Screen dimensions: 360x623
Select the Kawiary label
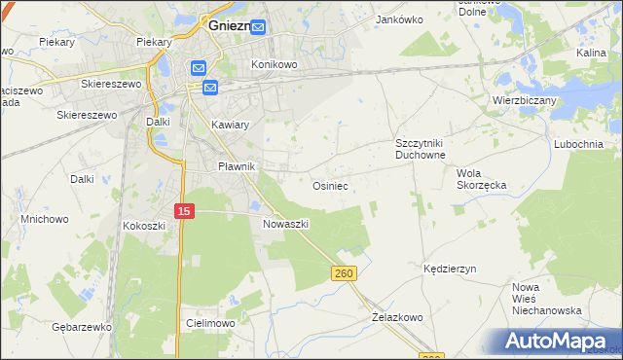pos(231,126)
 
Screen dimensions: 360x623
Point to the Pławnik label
pos(236,166)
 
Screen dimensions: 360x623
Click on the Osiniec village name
pos(330,185)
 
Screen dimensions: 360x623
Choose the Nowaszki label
pos(286,223)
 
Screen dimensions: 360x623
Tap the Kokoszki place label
pos(144,226)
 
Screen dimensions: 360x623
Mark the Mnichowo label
pos(45,219)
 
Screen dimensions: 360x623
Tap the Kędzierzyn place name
pos(450,268)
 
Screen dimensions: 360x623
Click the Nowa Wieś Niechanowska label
pos(547,299)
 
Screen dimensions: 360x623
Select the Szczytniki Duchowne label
pos(420,148)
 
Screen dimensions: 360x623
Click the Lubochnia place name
pos(584,144)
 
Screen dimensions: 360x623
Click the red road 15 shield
pos(185,210)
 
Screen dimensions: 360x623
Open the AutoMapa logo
pos(556,342)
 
